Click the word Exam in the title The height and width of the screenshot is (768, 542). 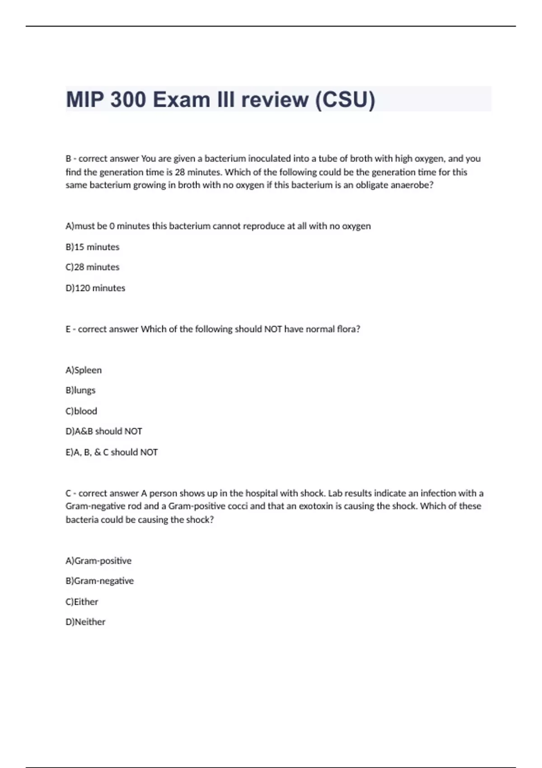click(x=181, y=99)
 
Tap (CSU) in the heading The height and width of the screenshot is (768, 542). click(x=345, y=99)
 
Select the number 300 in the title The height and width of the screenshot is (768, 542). click(x=128, y=99)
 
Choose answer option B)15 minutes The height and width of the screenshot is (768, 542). click(x=93, y=247)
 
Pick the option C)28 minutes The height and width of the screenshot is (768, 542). click(x=93, y=267)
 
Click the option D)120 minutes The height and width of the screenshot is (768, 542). click(x=95, y=288)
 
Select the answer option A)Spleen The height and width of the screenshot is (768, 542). click(x=84, y=370)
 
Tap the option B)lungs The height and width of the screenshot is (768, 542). click(x=80, y=390)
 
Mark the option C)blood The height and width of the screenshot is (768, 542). click(x=81, y=411)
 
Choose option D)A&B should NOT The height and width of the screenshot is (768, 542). click(x=104, y=431)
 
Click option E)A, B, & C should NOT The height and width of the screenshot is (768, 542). click(x=112, y=452)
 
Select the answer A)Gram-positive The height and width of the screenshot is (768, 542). click(x=98, y=561)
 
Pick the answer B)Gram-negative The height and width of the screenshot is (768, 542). click(x=100, y=581)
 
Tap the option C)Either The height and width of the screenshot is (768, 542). click(x=82, y=602)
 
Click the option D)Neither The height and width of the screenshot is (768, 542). click(x=85, y=622)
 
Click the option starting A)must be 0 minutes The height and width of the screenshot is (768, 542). click(x=218, y=226)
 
